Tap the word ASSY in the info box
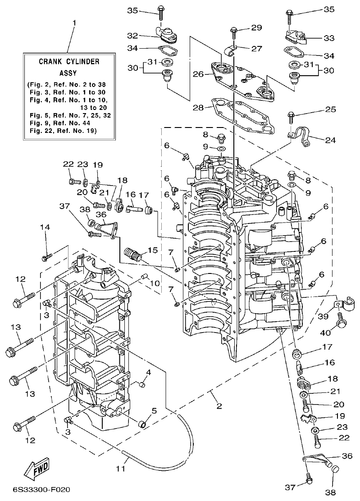click(x=68, y=72)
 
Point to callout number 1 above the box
click(x=74, y=22)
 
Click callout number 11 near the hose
click(x=120, y=469)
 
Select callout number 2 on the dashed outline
click(x=219, y=406)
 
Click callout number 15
click(x=153, y=250)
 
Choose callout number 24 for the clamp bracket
click(x=330, y=140)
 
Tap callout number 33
click(x=330, y=39)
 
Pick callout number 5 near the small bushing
click(x=154, y=411)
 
